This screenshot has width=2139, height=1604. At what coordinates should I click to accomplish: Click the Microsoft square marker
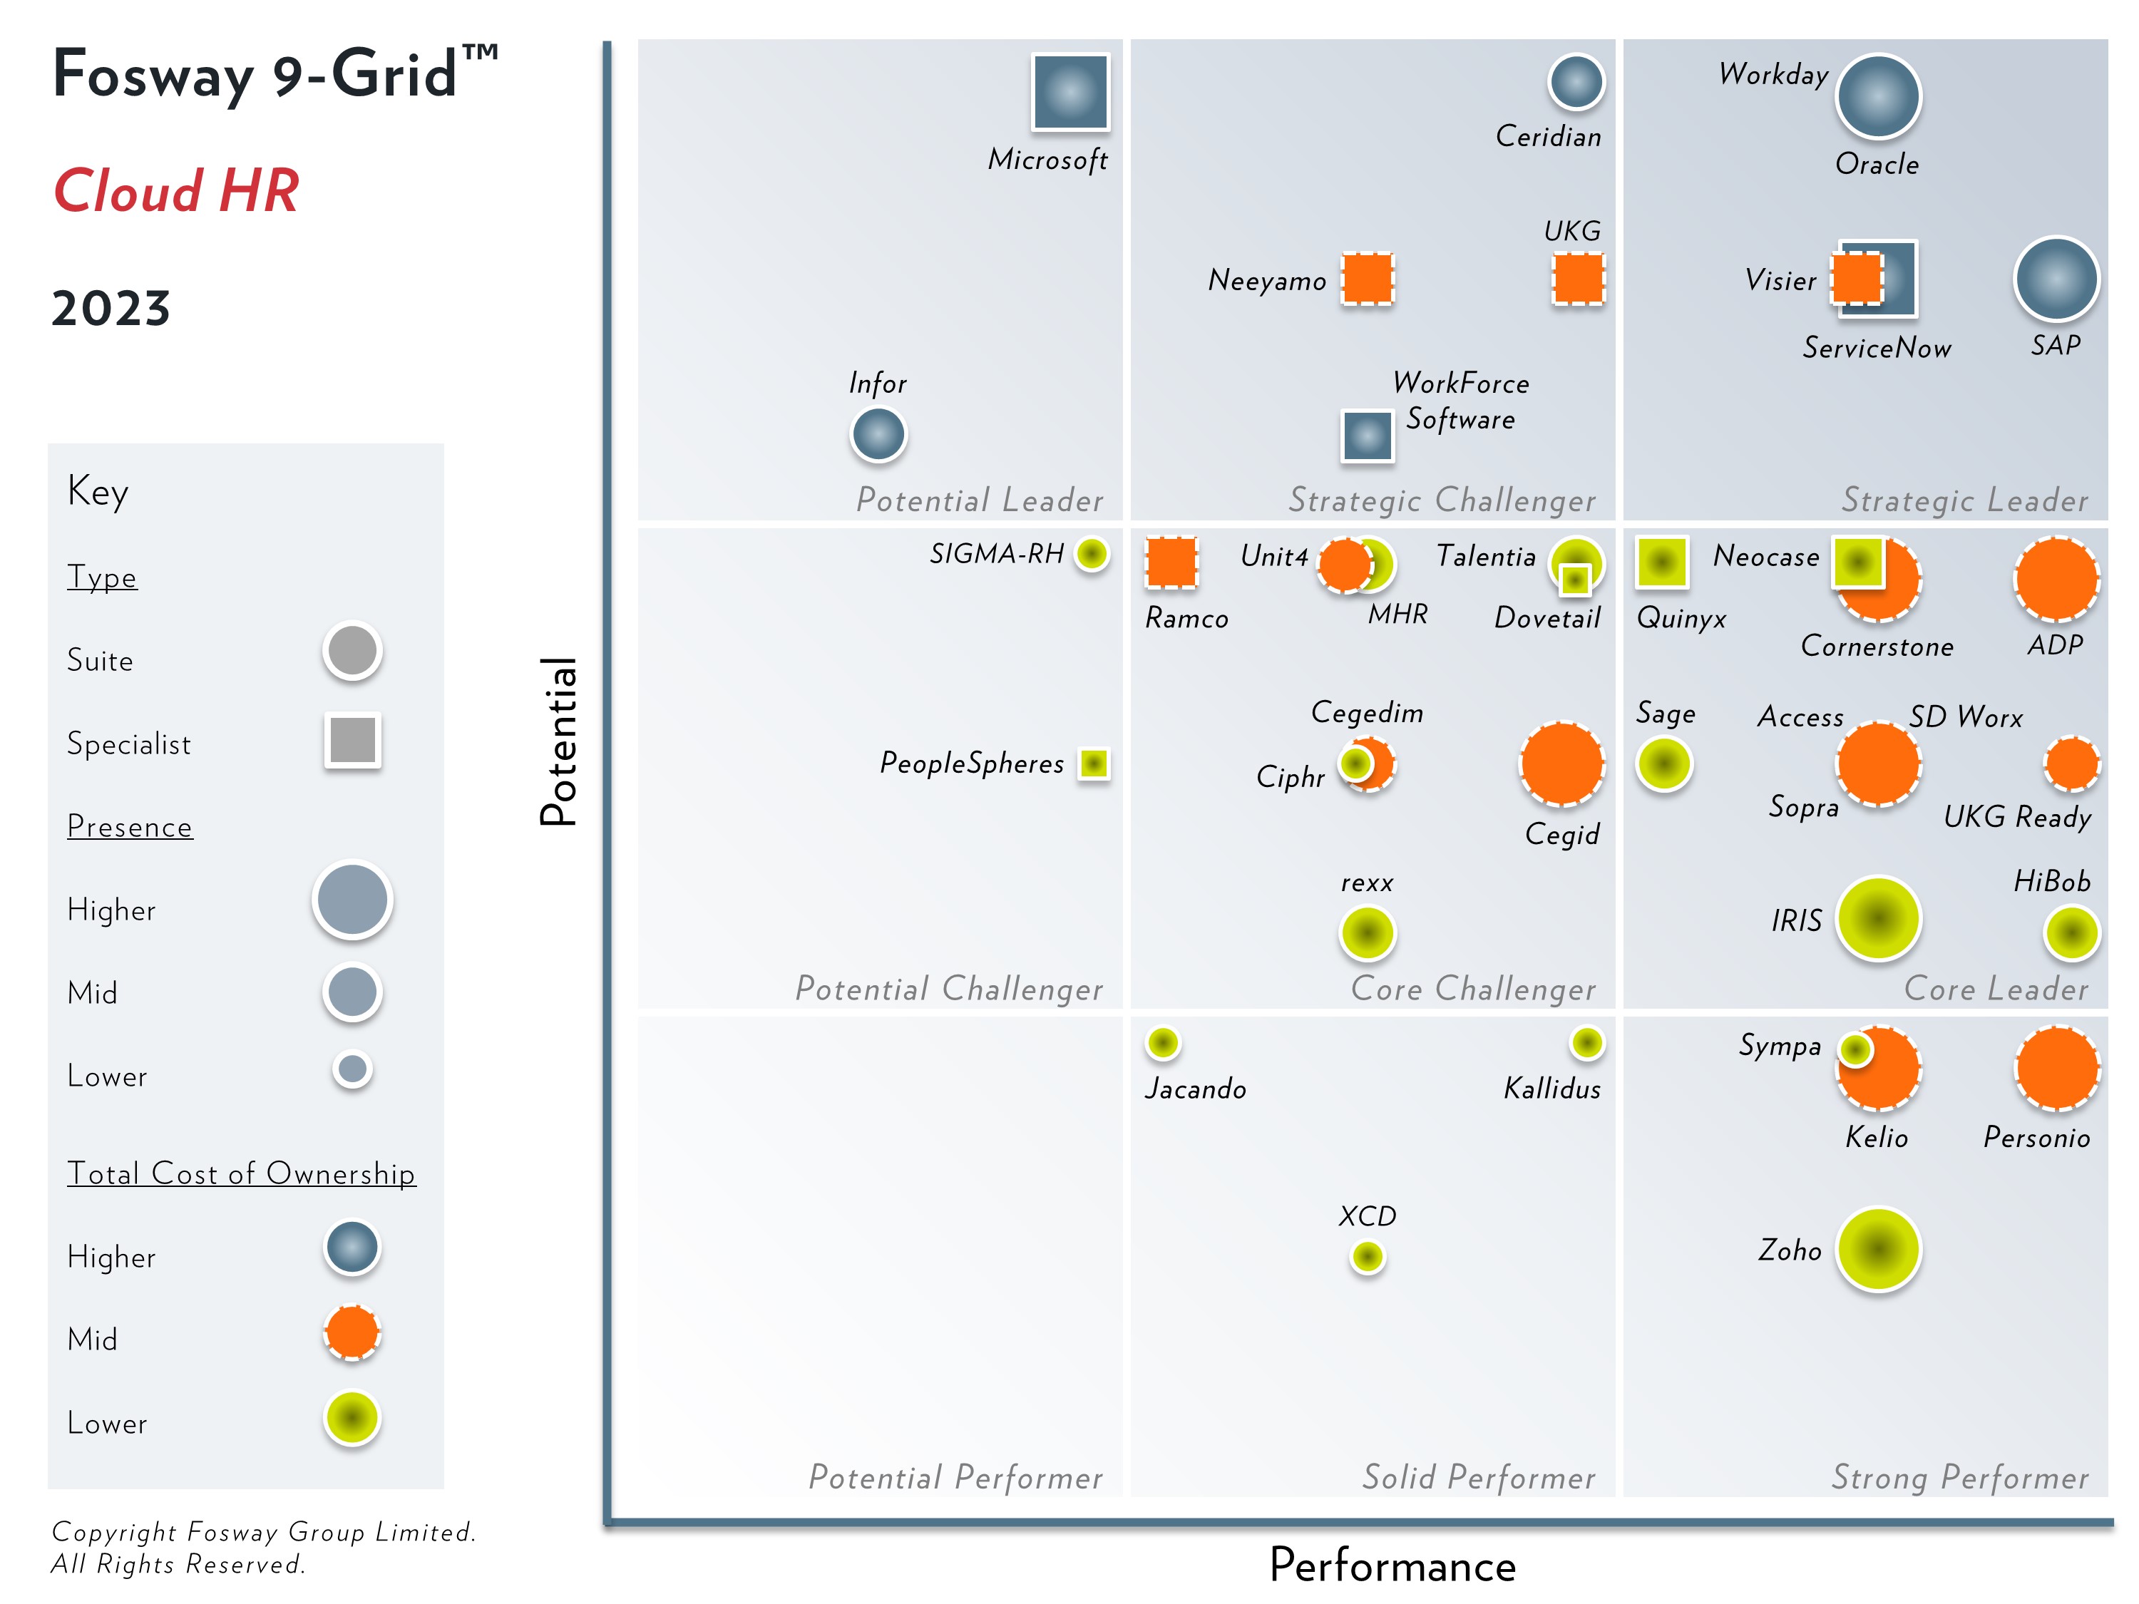coord(1069,92)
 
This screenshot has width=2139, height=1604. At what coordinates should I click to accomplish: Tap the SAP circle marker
coord(2056,279)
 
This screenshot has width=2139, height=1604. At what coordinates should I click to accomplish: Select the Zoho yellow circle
coord(1878,1249)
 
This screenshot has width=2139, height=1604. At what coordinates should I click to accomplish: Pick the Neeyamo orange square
coord(1368,279)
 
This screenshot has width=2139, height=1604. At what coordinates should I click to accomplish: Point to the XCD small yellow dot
coord(1368,1256)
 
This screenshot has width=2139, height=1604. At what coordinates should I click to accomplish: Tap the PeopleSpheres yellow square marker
coord(1094,764)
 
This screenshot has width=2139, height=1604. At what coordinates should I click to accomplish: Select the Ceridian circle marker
coord(1576,81)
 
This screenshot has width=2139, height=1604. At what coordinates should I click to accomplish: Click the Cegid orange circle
coord(1561,764)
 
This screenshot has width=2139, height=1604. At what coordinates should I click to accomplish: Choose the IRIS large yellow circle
coord(1878,918)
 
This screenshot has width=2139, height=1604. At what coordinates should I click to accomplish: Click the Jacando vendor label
coord(1195,1089)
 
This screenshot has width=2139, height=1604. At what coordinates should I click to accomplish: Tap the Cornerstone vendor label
coord(1877,646)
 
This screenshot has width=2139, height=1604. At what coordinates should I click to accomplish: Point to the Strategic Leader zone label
coord(1964,500)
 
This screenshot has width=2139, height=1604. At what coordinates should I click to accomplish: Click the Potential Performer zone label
coord(955,1477)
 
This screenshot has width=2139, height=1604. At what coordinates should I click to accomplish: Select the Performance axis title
coord(1392,1566)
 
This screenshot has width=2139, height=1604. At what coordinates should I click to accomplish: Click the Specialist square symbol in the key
coord(353,741)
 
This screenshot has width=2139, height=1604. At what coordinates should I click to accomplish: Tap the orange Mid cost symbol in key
coord(352,1333)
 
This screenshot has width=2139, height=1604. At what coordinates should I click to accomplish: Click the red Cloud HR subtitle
coord(176,190)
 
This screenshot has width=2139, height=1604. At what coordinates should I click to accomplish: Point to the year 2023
coord(111,309)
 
